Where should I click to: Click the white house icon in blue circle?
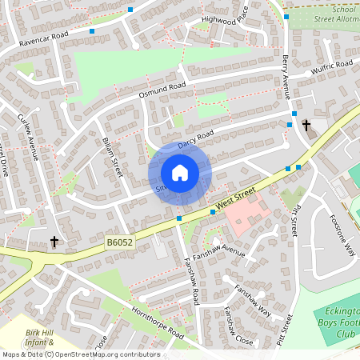click(180, 173)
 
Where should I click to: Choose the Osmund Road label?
click(162, 90)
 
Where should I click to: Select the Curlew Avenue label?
click(29, 138)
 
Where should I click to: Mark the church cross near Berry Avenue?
click(306, 126)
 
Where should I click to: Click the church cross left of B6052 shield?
click(54, 242)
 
